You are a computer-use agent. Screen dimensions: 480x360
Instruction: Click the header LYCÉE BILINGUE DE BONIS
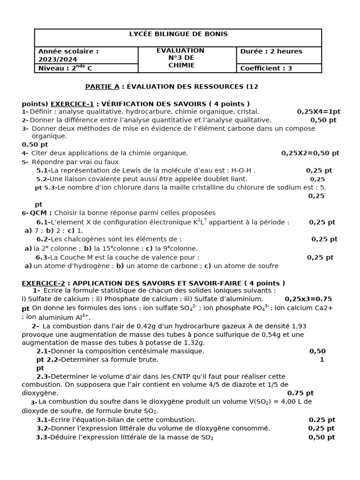point(178,34)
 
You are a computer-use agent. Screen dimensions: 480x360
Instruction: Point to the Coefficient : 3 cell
point(266,68)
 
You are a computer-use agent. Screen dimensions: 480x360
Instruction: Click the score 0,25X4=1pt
point(318,112)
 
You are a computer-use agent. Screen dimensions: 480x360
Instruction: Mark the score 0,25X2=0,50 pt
point(310,153)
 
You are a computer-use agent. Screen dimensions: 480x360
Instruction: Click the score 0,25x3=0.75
point(308,299)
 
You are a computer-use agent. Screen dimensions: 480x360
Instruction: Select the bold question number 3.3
point(43,437)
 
